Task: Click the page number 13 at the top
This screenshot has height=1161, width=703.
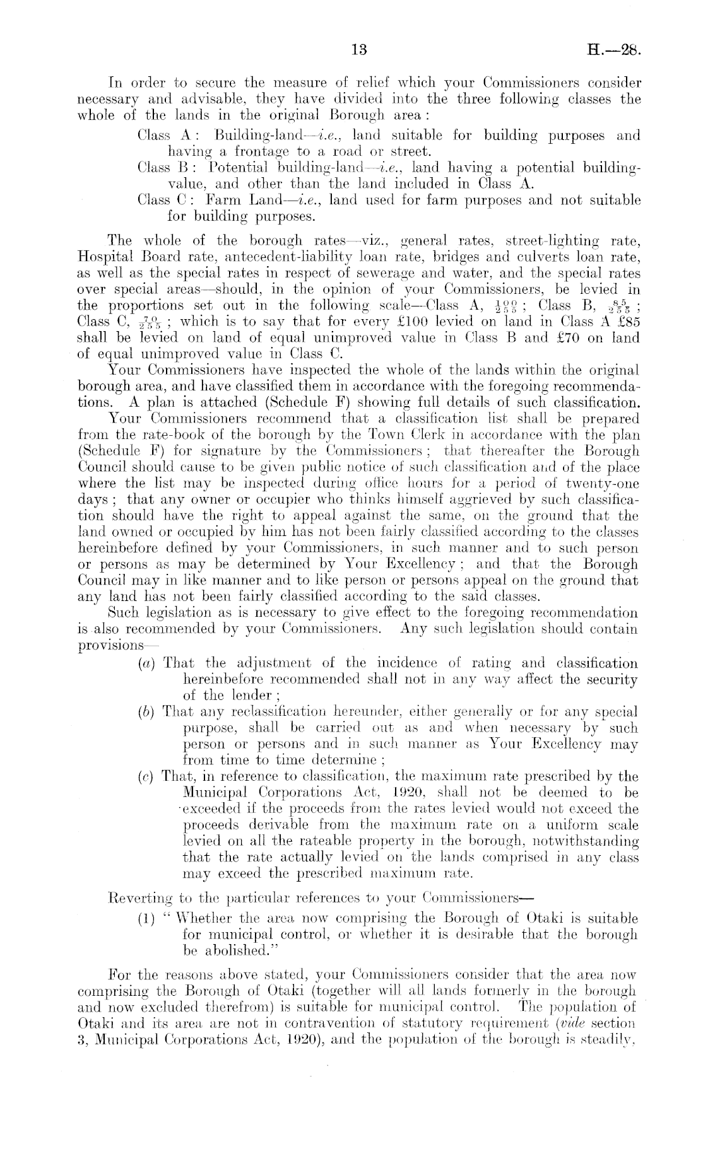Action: click(x=358, y=50)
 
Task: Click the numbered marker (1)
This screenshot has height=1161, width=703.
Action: click(x=146, y=918)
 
